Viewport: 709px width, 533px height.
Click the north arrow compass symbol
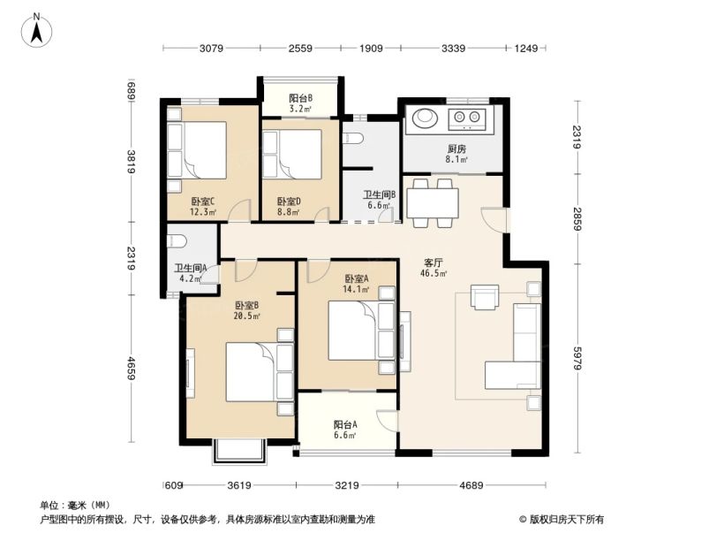click(37, 30)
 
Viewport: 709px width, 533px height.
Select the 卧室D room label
click(288, 201)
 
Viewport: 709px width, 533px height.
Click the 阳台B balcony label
click(300, 98)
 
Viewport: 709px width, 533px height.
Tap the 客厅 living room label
click(432, 263)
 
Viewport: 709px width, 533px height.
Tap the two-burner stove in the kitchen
click(465, 118)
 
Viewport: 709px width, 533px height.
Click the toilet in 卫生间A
click(176, 240)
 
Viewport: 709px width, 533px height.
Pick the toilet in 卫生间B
click(353, 139)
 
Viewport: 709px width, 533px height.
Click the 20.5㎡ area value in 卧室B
click(246, 316)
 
